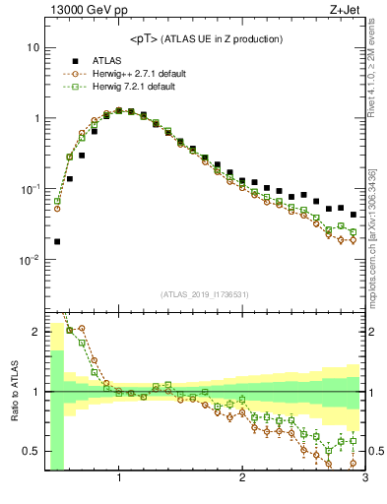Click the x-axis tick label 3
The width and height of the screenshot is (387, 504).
(364, 478)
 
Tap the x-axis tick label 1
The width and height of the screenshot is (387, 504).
(119, 478)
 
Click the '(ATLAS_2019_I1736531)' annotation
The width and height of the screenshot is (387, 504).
(205, 294)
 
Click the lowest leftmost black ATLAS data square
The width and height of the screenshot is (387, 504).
(57, 241)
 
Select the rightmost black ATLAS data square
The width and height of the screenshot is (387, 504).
(354, 215)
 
